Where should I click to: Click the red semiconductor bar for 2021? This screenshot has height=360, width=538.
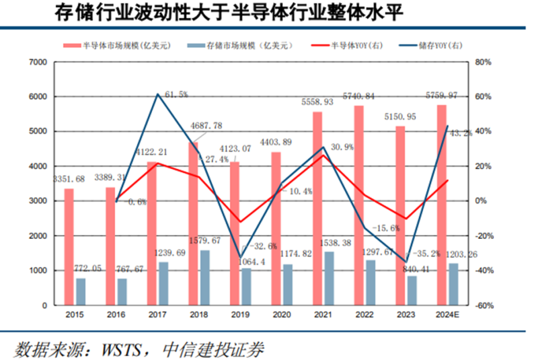pos(317,209)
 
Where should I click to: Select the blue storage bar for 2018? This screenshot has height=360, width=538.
pos(205,277)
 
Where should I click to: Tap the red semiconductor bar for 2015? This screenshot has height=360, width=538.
pos(69,246)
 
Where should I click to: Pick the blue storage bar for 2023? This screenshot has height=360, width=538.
pos(412,290)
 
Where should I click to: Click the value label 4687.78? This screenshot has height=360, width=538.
pos(205,125)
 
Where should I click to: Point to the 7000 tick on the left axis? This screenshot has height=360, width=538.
pos(38,62)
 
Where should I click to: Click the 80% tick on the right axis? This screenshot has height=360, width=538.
pos(484,62)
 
